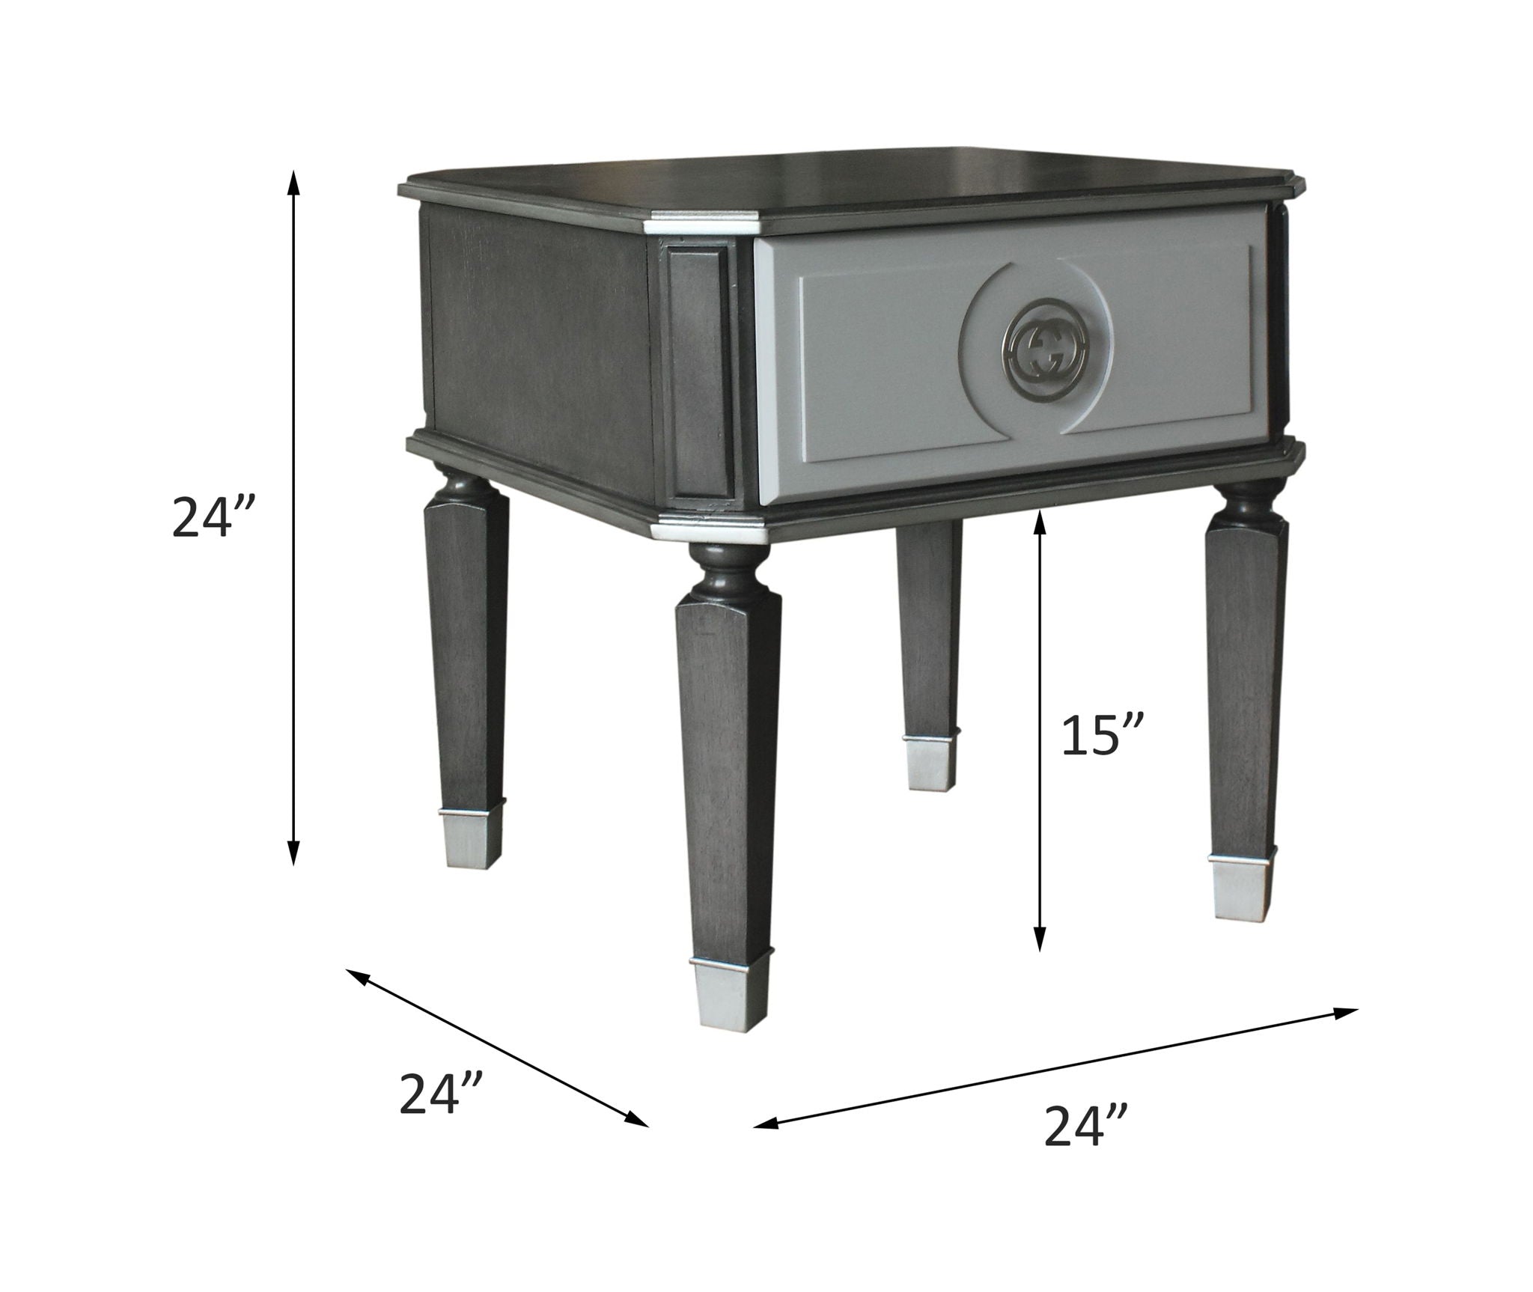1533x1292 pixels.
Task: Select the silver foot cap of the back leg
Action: point(930,764)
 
